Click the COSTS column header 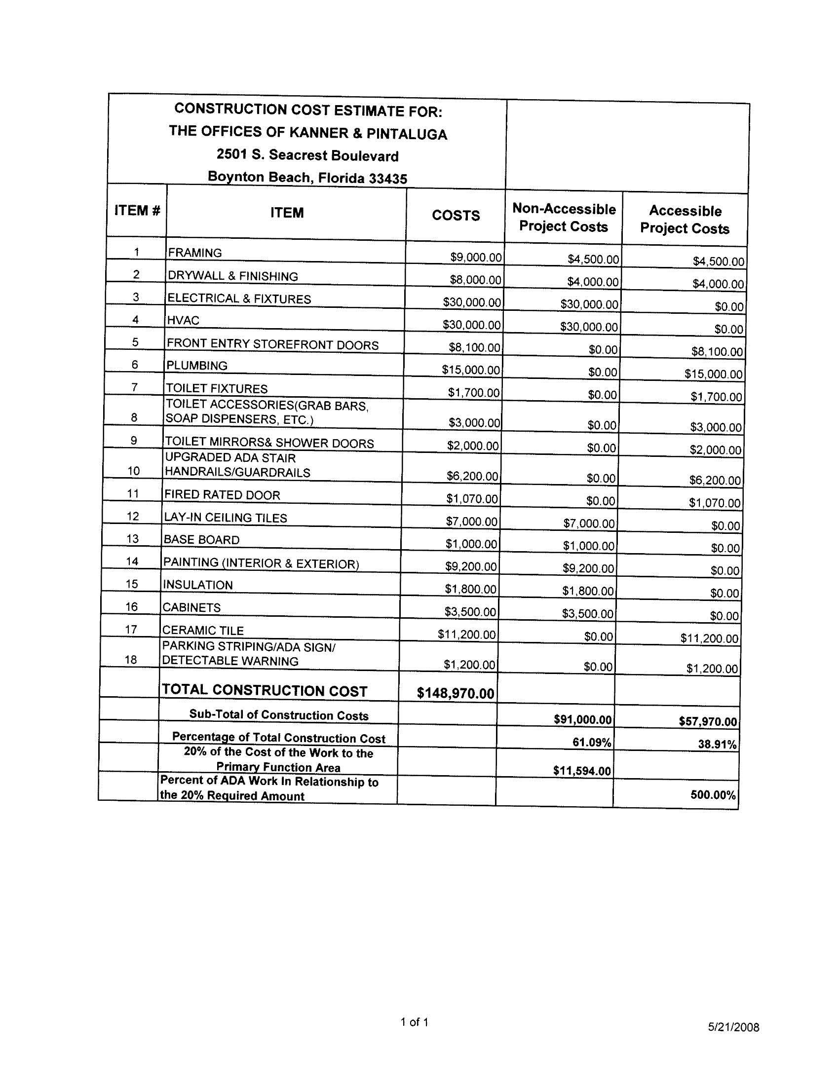click(x=456, y=215)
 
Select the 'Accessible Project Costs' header click(x=685, y=220)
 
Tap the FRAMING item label click(x=195, y=253)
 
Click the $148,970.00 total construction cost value click(x=456, y=693)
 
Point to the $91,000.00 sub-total click(x=582, y=719)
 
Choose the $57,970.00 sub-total click(x=707, y=721)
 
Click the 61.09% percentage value click(x=591, y=742)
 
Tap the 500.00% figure click(x=713, y=795)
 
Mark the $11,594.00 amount click(x=581, y=771)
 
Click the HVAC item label click(x=183, y=320)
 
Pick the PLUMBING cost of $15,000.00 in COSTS click(x=471, y=370)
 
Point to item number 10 click(x=133, y=471)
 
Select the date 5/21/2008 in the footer click(x=733, y=1027)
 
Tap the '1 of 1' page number click(x=414, y=1022)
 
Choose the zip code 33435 click(x=388, y=179)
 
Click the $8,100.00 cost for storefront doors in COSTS click(x=474, y=347)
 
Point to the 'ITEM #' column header click(x=137, y=211)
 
